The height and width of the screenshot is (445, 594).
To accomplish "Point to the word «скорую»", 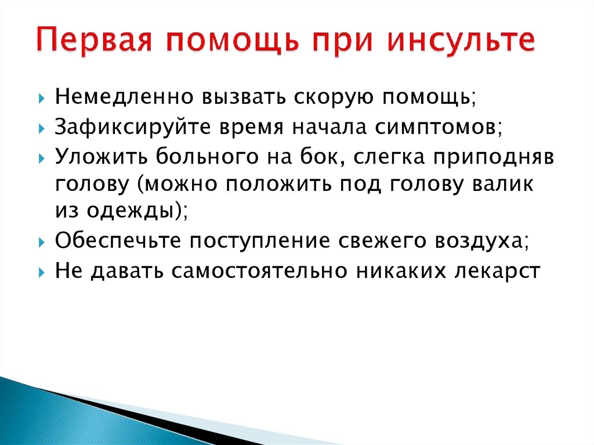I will (330, 97).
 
